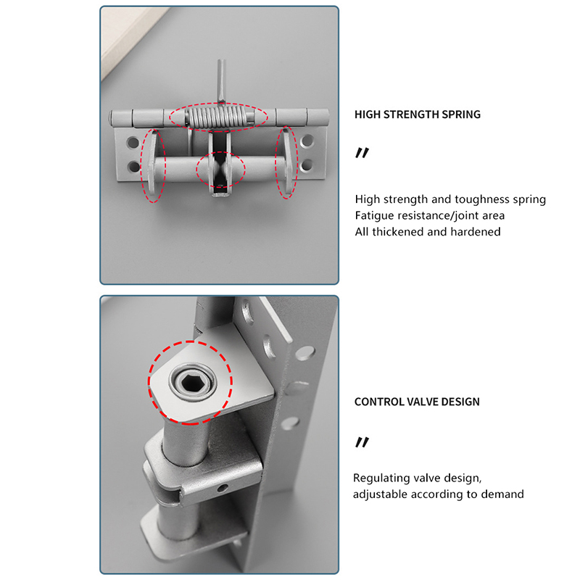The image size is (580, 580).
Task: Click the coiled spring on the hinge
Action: [218, 117]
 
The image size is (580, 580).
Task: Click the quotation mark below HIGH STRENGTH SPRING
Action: [362, 153]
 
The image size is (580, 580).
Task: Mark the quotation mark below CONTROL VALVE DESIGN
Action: [362, 442]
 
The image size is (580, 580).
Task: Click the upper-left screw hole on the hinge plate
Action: [133, 142]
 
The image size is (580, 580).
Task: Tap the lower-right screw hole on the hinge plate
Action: [307, 165]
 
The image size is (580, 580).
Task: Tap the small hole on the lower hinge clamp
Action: [223, 488]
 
